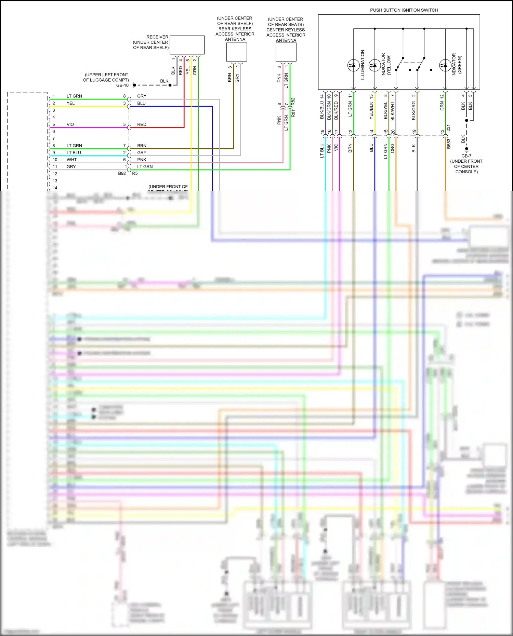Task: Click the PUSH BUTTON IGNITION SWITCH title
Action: coord(404,10)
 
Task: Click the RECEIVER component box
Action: coord(187,45)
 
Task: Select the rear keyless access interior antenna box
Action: coord(236,52)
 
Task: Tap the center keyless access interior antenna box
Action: coord(286,52)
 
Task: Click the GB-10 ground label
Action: coord(122,85)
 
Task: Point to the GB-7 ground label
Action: coord(466,156)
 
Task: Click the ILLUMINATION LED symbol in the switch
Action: coord(353,65)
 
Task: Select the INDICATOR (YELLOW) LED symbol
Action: coord(374,65)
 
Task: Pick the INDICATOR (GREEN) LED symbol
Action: coord(445,65)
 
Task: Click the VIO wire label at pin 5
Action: coord(70,124)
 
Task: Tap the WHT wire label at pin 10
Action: coord(71,160)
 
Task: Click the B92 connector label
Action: coord(122,174)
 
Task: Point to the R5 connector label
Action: coord(135,174)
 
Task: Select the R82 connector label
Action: coord(293,102)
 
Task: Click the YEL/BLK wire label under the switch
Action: coord(371,111)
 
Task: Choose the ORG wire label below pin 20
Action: coord(393,148)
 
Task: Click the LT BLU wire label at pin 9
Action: coord(74,153)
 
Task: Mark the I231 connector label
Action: coord(449,128)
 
